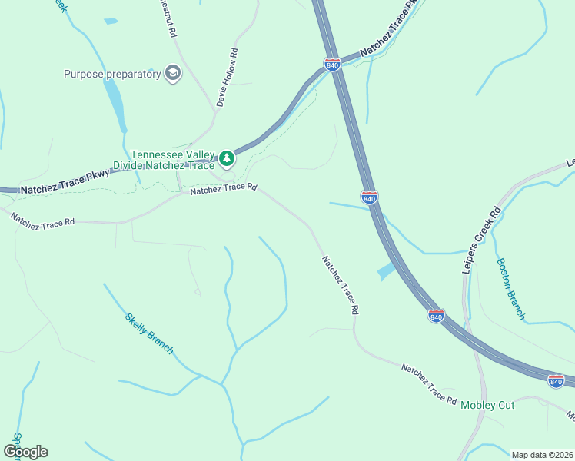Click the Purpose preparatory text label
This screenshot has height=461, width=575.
112,74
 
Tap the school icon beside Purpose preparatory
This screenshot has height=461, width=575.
173,75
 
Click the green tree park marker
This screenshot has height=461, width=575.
226,158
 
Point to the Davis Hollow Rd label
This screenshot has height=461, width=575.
228,78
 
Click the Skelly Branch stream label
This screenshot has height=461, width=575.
149,333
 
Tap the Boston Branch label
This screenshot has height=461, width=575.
511,288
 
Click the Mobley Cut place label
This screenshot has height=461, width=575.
487,405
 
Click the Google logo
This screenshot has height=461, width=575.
25,451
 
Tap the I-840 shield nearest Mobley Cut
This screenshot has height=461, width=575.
556,380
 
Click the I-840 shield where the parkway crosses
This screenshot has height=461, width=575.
332,65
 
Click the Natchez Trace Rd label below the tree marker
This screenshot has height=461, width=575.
223,188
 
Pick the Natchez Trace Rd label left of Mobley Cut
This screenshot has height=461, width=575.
429,384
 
